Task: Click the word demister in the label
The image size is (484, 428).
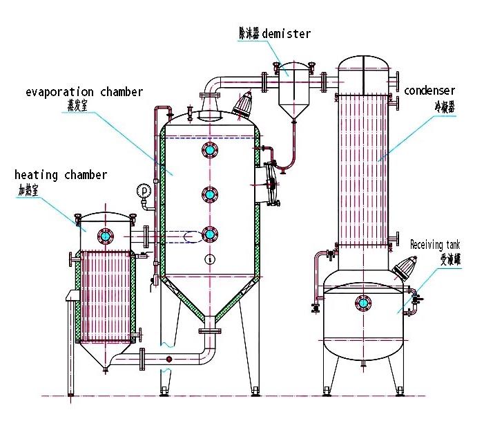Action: [287, 33]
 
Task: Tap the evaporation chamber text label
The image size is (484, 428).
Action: [84, 92]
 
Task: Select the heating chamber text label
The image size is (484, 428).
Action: [61, 175]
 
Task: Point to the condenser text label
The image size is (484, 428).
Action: [429, 91]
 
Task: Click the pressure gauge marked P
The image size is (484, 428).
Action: [144, 189]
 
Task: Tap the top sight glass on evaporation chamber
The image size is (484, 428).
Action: [209, 149]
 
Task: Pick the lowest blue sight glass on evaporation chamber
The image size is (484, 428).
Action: [209, 235]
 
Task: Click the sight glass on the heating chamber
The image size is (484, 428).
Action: [105, 236]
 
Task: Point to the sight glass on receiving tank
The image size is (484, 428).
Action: [362, 302]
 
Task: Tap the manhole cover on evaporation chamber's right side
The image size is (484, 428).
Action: [268, 185]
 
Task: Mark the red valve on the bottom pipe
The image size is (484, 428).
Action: [168, 359]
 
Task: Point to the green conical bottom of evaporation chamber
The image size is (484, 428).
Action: [209, 304]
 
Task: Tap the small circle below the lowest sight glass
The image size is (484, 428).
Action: [209, 259]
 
